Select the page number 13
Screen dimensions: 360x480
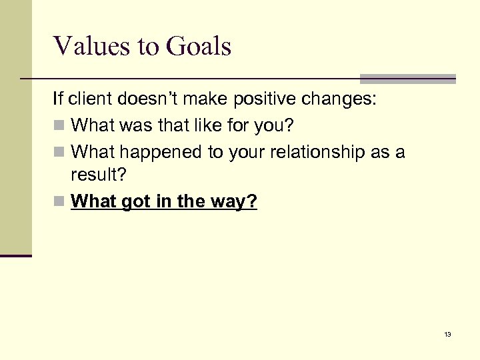[x=447, y=334]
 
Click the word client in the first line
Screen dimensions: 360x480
[x=90, y=100]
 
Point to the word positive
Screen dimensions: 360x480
[x=254, y=100]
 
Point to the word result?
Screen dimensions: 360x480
[x=98, y=177]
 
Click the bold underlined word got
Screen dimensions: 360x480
[x=135, y=201]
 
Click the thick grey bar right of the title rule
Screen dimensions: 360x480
[x=407, y=78]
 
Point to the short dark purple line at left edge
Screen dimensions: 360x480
[x=16, y=255]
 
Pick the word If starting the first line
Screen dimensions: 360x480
[x=58, y=100]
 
